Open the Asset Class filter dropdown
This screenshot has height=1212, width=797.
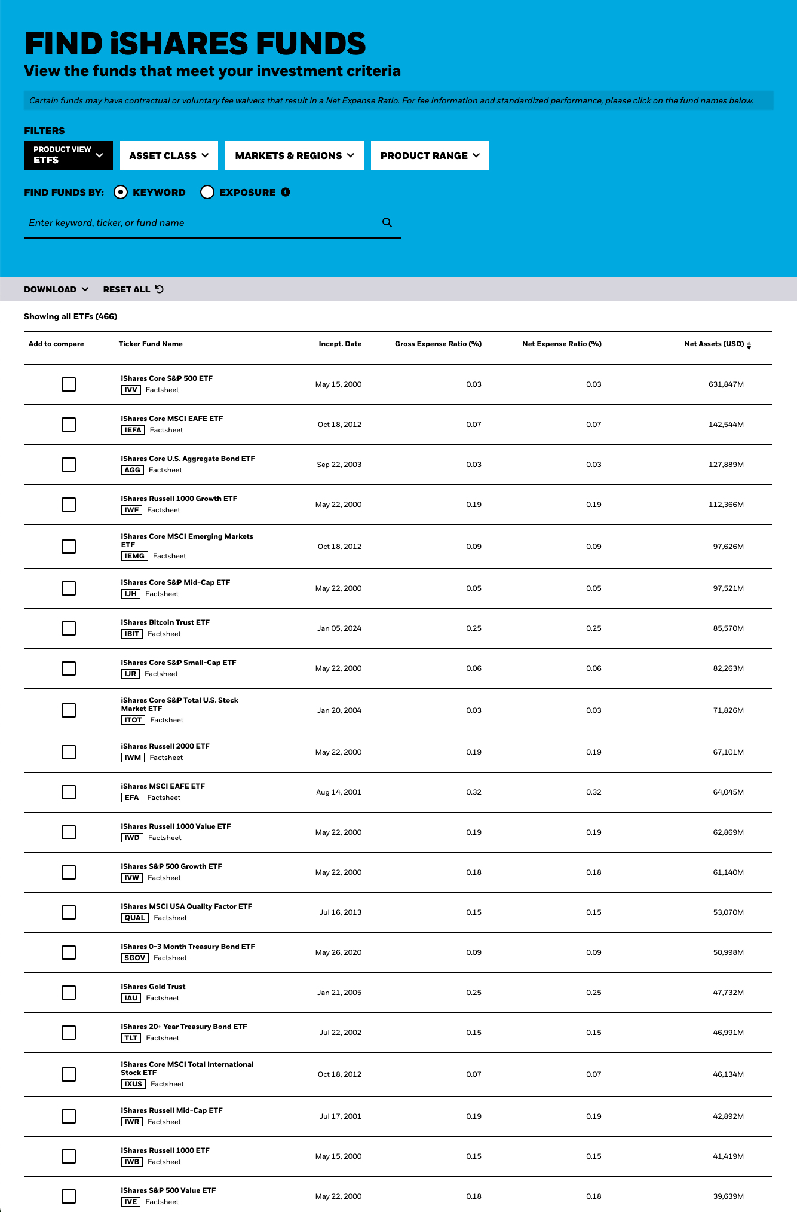point(169,155)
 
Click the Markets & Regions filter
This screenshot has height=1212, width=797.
point(295,155)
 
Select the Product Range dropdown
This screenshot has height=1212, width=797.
point(430,155)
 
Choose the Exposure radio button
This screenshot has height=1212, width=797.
point(207,192)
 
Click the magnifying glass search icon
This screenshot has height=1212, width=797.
point(387,222)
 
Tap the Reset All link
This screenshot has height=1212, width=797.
point(133,289)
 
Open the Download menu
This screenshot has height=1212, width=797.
point(56,289)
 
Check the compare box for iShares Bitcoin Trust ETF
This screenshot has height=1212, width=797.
point(69,628)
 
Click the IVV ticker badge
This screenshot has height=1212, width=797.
point(131,390)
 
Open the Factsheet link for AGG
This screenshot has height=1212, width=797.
point(165,470)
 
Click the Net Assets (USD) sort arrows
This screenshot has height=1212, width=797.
point(749,346)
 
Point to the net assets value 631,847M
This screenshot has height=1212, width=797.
point(726,384)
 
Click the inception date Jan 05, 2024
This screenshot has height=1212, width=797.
point(339,628)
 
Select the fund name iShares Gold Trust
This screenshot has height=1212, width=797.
point(153,987)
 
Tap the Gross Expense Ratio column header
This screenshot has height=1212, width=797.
point(438,344)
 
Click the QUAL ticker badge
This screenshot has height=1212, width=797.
point(134,918)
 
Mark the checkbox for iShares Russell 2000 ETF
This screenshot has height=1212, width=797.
point(69,752)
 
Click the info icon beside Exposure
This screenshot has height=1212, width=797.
point(286,192)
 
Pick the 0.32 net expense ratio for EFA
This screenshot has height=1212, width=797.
point(593,792)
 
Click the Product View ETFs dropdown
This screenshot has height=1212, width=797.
point(68,155)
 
